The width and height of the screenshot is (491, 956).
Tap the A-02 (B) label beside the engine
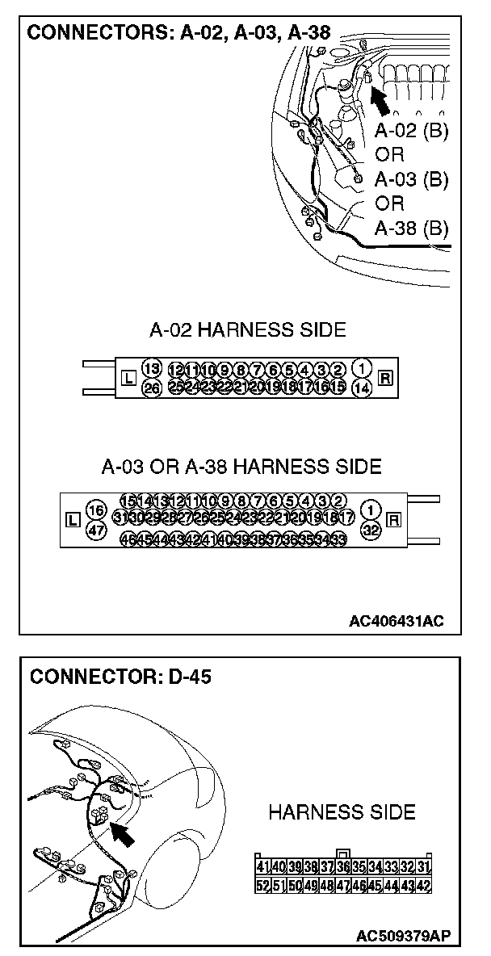[411, 131]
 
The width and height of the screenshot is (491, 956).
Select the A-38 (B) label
[411, 228]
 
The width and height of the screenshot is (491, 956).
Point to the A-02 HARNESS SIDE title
[247, 329]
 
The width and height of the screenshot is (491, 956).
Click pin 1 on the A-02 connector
[363, 368]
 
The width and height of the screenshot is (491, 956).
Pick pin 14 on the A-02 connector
[363, 388]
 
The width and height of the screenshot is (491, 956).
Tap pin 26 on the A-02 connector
[151, 388]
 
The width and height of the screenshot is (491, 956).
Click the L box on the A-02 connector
[127, 377]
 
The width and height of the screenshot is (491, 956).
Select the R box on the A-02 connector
[385, 377]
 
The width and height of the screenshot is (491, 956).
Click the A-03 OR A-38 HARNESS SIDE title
[241, 467]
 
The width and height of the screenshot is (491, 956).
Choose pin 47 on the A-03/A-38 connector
[96, 530]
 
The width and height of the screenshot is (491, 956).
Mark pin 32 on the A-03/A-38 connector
[371, 530]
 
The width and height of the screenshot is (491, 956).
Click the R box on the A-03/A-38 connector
[395, 519]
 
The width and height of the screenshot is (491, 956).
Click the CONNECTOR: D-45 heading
[120, 677]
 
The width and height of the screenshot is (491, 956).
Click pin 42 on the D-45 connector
[423, 885]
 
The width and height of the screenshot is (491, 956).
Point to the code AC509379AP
[403, 936]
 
